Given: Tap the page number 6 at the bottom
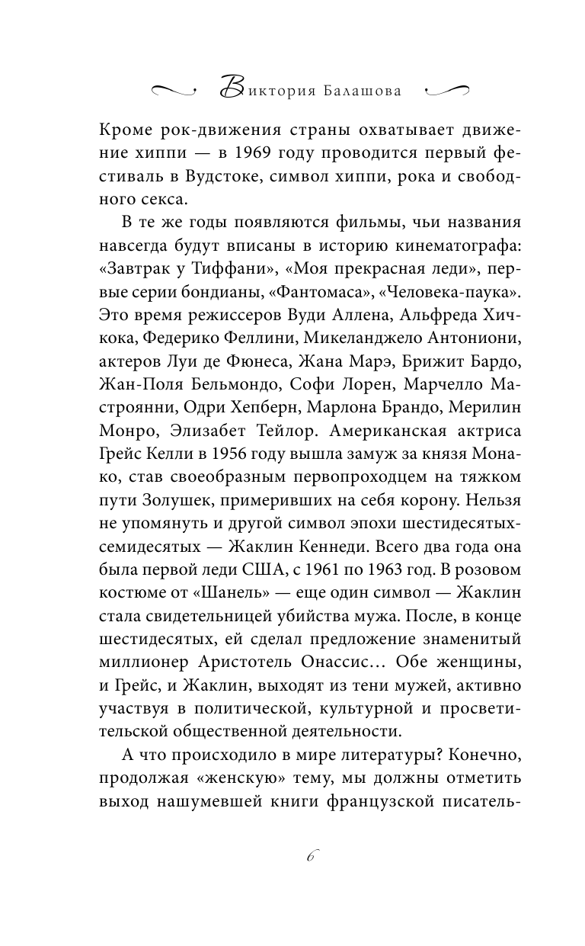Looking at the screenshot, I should pyautogui.click(x=311, y=856).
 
